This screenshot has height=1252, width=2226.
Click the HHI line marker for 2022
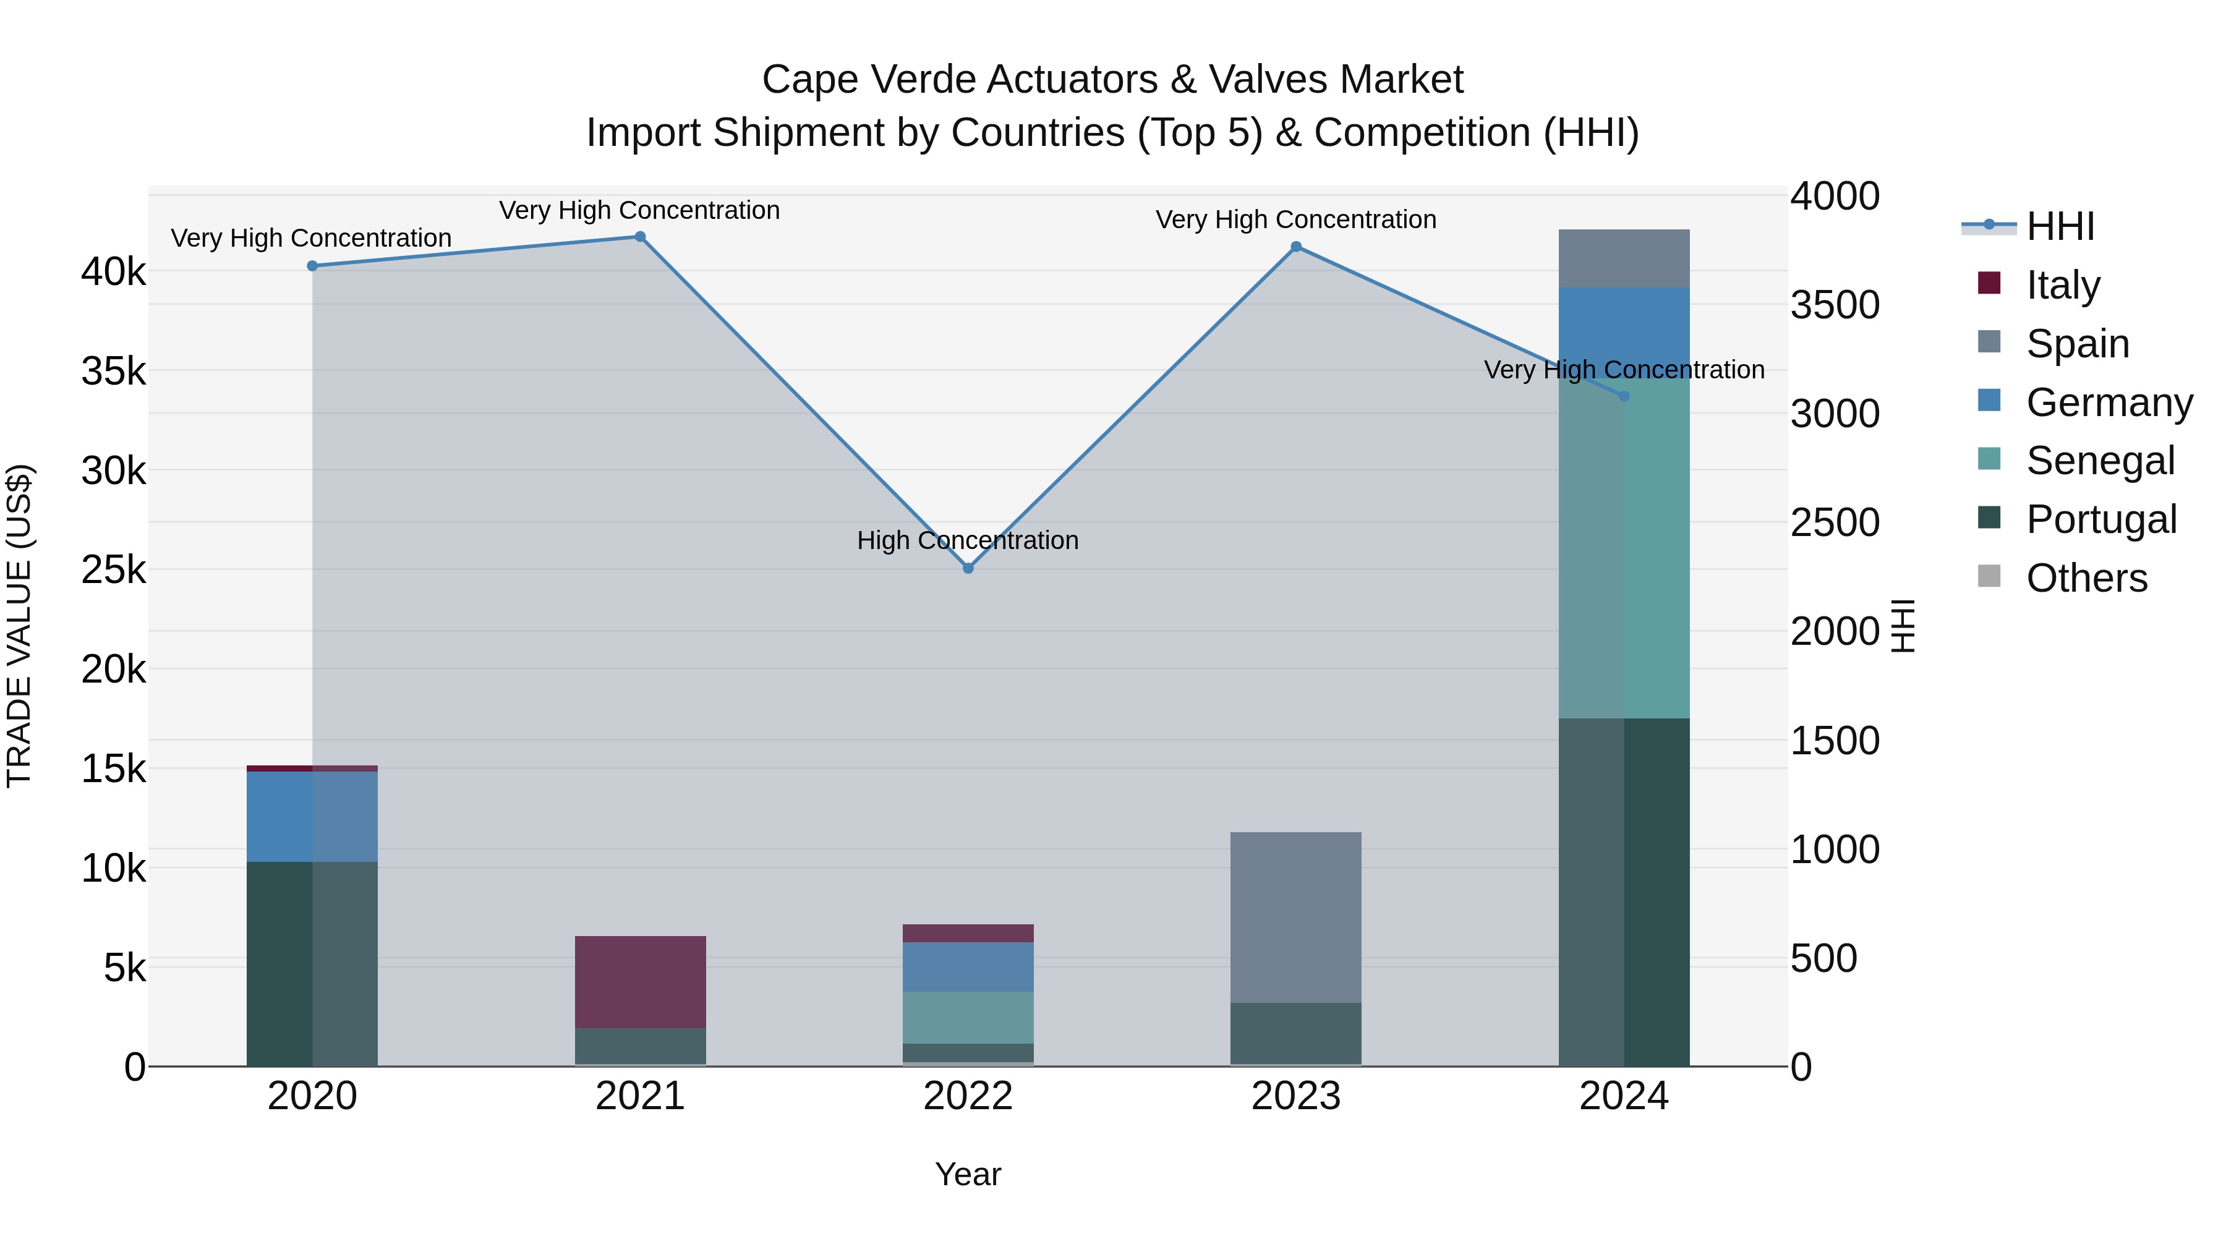[x=968, y=569]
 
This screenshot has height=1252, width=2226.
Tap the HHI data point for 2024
[x=1624, y=396]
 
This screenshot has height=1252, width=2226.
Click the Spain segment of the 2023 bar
[x=1295, y=917]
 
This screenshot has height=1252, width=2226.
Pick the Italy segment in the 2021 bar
[x=641, y=982]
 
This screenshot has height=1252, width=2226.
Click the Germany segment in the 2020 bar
[x=312, y=817]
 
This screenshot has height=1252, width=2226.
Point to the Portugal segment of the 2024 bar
[x=1624, y=892]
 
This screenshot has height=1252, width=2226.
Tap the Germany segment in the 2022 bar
[x=968, y=967]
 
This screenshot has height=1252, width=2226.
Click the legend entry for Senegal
[x=2099, y=461]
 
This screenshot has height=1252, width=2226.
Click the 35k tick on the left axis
[x=113, y=372]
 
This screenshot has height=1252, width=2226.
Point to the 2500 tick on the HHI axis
[x=1834, y=522]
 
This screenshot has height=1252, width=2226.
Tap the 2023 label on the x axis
[x=1295, y=1096]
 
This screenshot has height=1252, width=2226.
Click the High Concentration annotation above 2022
[x=968, y=541]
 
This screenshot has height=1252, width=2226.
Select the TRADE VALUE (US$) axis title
[x=19, y=626]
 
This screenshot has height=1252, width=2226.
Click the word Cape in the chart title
[x=809, y=80]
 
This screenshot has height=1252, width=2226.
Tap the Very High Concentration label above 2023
[x=1295, y=220]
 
